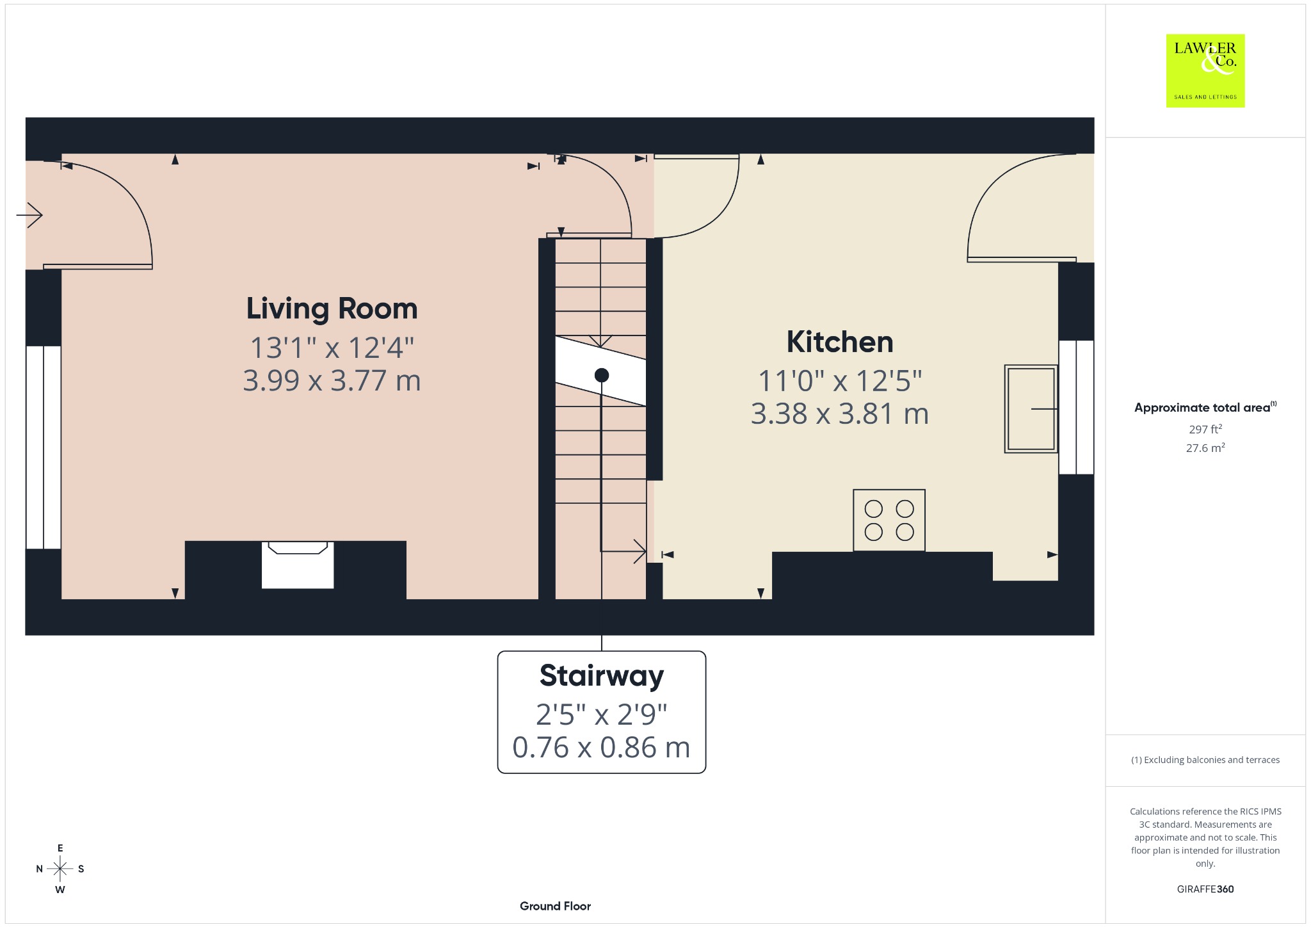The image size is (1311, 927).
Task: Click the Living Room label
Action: click(332, 309)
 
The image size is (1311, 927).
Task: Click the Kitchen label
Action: click(840, 342)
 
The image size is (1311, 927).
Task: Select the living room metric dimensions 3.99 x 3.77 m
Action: click(332, 381)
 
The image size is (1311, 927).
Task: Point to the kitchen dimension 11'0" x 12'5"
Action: click(840, 381)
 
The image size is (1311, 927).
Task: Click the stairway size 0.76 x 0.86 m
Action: click(602, 748)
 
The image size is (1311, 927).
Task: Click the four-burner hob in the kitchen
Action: click(889, 520)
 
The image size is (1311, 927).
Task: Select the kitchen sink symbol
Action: click(1031, 408)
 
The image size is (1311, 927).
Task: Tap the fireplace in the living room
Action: click(298, 565)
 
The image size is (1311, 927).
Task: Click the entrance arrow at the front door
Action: click(29, 214)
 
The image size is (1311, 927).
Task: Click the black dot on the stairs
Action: click(602, 375)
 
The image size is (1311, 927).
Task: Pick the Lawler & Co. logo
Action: click(1205, 70)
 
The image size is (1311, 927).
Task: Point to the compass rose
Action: click(60, 869)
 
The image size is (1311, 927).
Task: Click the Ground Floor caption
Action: click(555, 906)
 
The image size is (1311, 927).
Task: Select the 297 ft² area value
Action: click(1205, 429)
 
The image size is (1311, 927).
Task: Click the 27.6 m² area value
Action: click(1205, 447)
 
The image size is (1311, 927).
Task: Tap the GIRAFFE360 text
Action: click(1205, 889)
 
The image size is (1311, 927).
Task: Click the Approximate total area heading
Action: click(1205, 407)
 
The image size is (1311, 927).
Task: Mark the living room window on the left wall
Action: click(44, 447)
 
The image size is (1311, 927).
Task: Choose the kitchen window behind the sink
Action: click(1076, 407)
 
